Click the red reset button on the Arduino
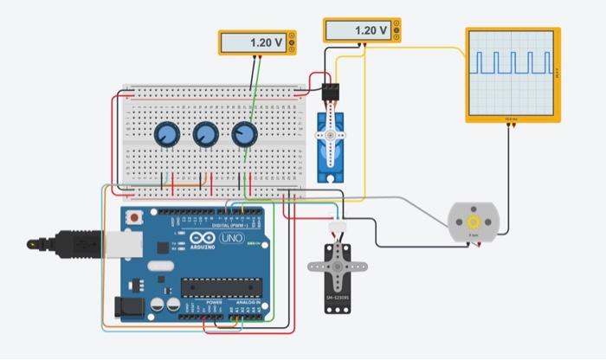coord(135,216)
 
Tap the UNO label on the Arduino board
coord(231,238)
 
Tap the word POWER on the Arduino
coord(203,302)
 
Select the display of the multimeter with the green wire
coord(255,42)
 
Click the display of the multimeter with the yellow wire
coord(358,31)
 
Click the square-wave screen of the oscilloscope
coord(512,72)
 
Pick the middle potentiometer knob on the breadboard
coord(205,134)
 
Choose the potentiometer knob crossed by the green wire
coord(245,134)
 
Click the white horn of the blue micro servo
coord(329,135)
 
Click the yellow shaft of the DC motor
coord(473,222)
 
